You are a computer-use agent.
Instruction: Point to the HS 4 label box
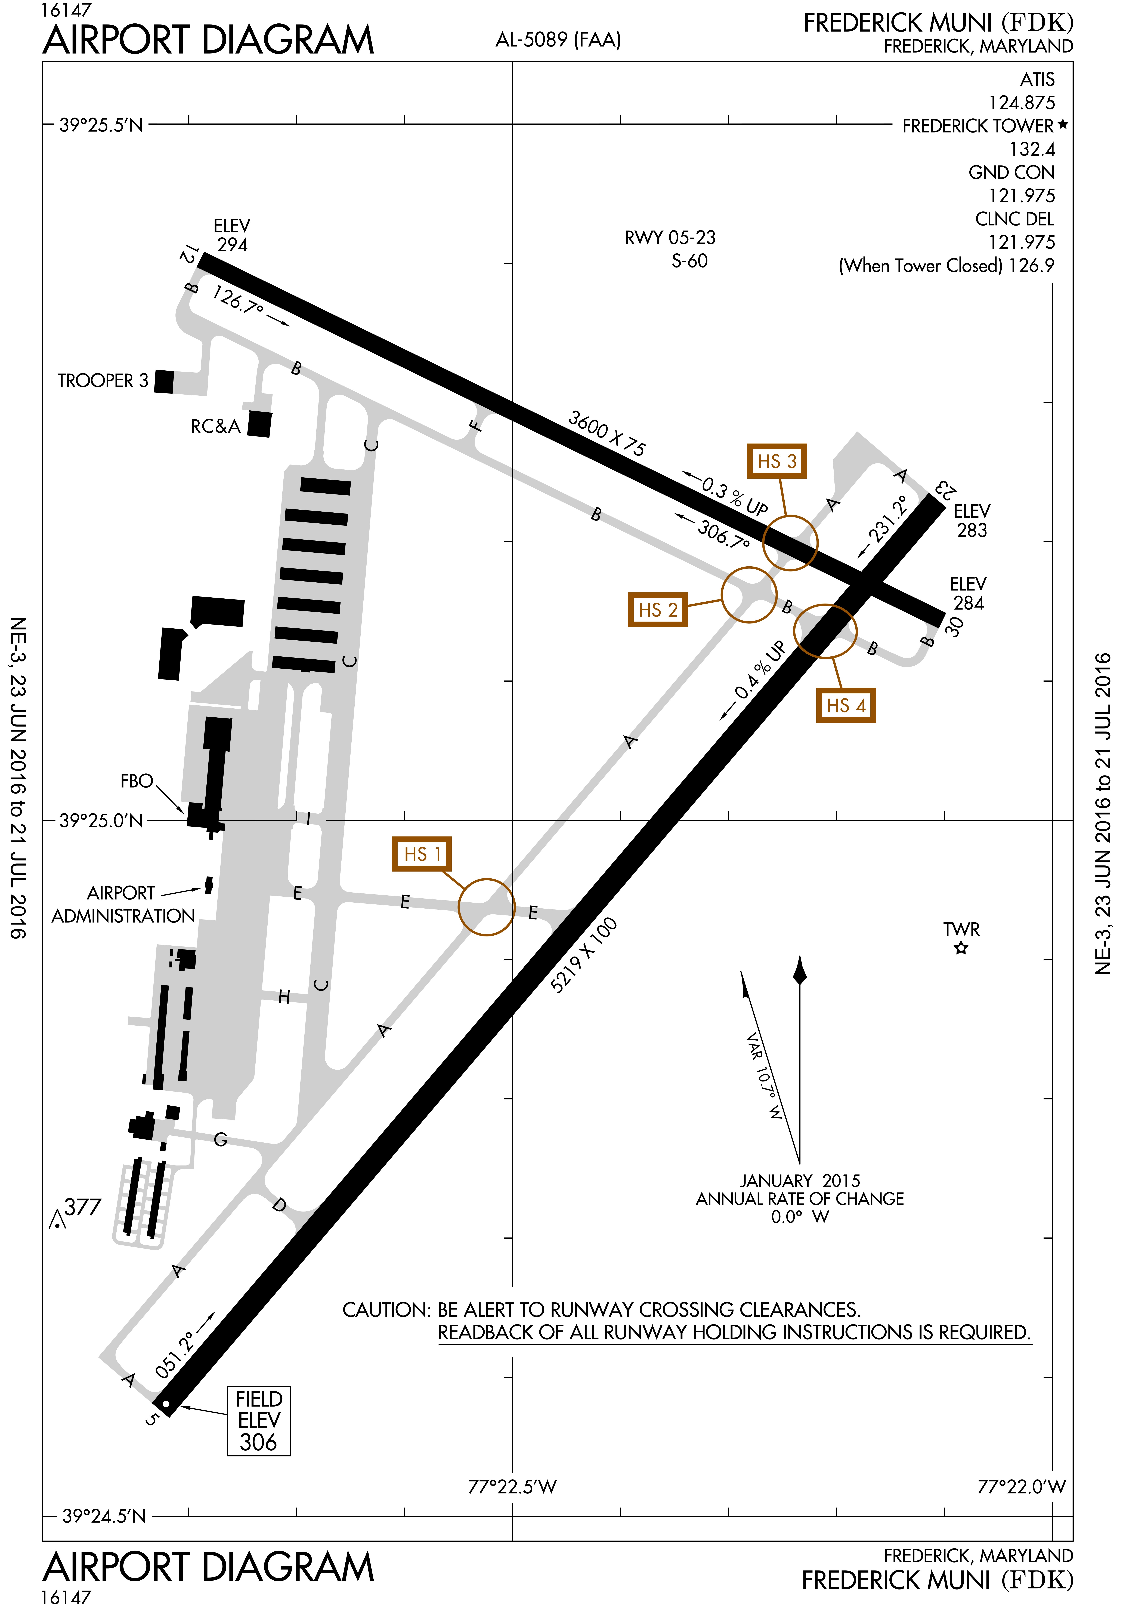(845, 705)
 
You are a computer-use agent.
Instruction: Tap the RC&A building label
(215, 427)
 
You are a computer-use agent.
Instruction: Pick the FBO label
(136, 781)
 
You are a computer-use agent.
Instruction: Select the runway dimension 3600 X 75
(607, 434)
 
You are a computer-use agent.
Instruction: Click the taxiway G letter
(220, 1139)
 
